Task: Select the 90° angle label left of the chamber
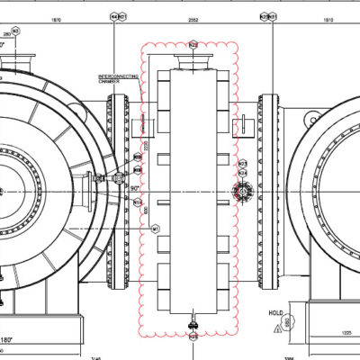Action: coord(134,188)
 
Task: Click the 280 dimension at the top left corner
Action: coord(9,32)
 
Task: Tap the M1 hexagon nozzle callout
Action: coord(155,229)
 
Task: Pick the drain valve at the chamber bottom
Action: coord(192,321)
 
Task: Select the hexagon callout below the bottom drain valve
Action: coord(193,337)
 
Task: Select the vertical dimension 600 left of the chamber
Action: coord(147,209)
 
